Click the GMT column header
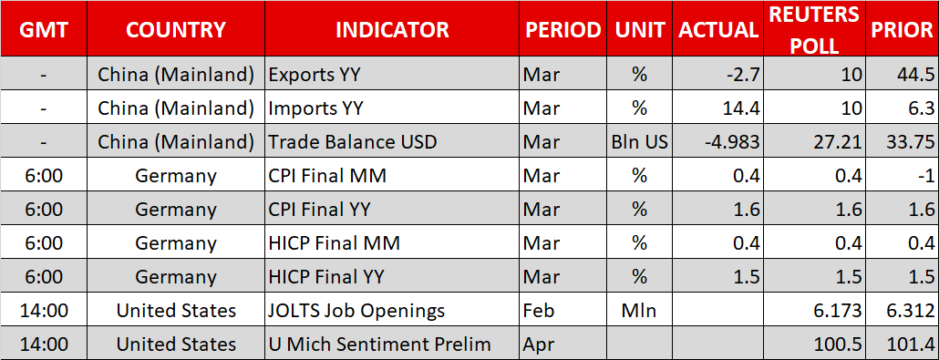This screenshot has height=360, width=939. (43, 29)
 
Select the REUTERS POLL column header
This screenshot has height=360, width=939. (813, 29)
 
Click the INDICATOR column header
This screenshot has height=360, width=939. (392, 29)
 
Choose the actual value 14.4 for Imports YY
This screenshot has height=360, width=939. (740, 108)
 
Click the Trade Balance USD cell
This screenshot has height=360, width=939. (353, 142)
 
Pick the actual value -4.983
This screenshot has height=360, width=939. (729, 142)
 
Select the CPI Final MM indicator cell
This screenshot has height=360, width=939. (327, 176)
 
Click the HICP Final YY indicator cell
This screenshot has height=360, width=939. (325, 277)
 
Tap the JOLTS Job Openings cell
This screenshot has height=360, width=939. (357, 311)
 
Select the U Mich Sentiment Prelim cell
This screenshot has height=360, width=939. (379, 345)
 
